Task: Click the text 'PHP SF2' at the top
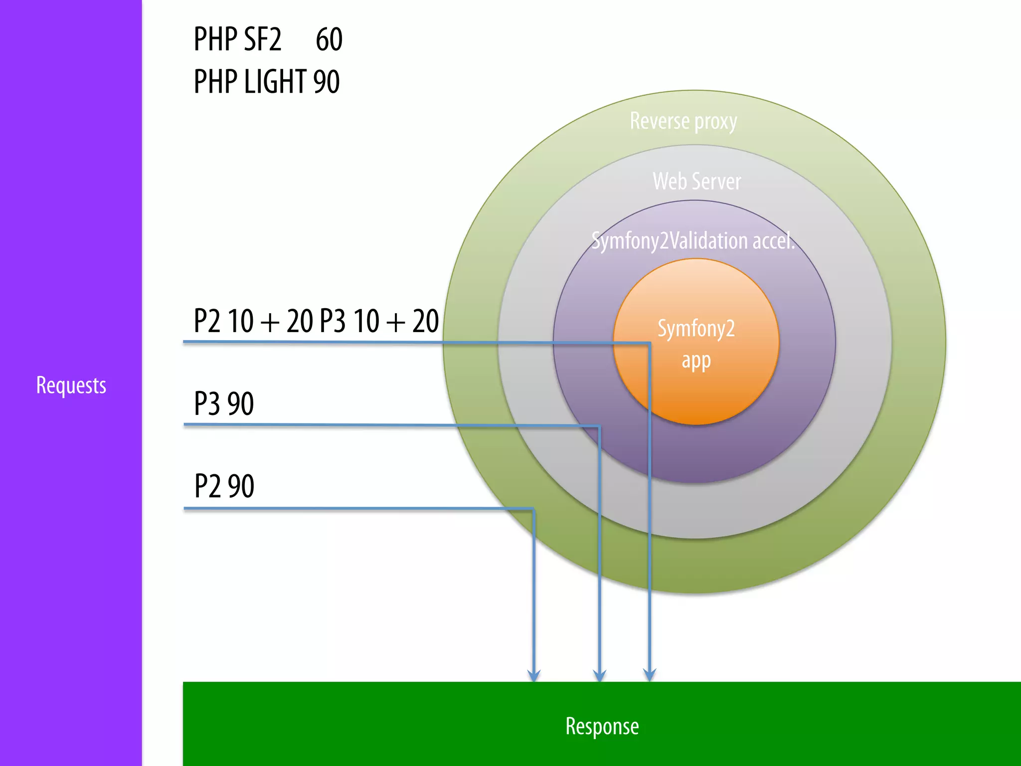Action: tap(237, 39)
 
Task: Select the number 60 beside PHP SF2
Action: tap(329, 39)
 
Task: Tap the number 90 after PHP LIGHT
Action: tap(327, 82)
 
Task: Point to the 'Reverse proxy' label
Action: tap(683, 121)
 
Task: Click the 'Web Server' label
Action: tap(696, 181)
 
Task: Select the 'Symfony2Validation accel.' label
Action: tap(693, 241)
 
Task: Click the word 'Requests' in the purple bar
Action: tap(71, 385)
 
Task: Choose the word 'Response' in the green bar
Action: tap(602, 726)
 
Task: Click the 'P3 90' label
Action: tap(224, 403)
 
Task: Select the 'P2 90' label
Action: tap(224, 486)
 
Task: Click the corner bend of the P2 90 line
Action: tap(533, 509)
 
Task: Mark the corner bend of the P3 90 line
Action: tap(599, 426)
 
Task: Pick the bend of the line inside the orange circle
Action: tap(649, 343)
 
